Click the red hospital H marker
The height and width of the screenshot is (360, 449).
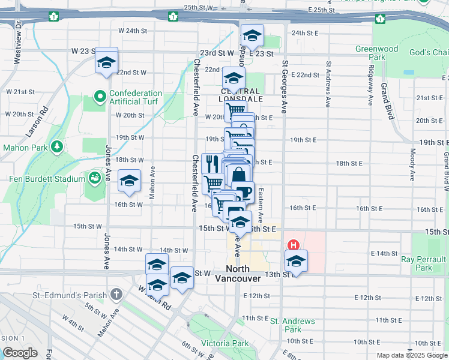coord(294,245)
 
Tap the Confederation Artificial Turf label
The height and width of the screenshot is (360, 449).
coord(135,97)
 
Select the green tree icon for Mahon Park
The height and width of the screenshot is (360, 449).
coord(57,146)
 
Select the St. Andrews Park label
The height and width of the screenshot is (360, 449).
coord(292,325)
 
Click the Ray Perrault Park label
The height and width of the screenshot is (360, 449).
coord(424,263)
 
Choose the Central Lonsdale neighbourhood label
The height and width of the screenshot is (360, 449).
coord(237,95)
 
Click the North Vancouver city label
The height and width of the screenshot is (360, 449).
coord(243,274)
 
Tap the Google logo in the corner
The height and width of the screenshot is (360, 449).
coord(20,353)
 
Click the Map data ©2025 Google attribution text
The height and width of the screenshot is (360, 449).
coord(411,355)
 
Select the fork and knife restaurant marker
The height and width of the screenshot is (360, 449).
coord(212,163)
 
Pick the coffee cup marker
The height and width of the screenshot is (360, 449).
coord(243,193)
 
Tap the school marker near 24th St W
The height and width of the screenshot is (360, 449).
coord(252,35)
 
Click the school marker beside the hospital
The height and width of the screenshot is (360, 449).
coord(296,261)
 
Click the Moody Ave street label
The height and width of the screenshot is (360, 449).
coord(413,165)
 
